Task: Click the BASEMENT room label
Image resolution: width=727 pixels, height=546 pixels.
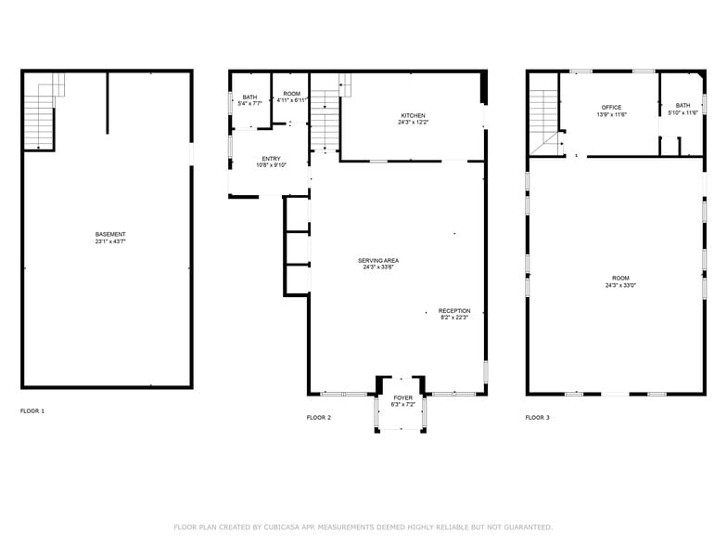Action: [x=110, y=234]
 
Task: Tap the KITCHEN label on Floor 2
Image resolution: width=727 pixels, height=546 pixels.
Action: [x=414, y=115]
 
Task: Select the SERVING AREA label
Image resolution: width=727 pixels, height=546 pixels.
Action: [x=378, y=260]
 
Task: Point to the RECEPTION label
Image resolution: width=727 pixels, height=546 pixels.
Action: [x=454, y=310]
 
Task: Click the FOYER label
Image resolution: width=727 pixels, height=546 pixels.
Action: [x=402, y=397]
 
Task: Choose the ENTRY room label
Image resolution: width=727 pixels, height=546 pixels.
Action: [x=271, y=159]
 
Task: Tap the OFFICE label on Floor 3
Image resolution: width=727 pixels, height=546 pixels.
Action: [x=612, y=108]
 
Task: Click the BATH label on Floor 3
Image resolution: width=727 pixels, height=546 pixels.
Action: [x=682, y=106]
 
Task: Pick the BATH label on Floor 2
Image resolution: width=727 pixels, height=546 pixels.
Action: [x=250, y=97]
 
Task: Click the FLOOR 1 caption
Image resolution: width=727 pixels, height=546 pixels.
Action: [x=32, y=410]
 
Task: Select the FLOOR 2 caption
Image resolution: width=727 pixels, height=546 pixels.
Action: [x=319, y=418]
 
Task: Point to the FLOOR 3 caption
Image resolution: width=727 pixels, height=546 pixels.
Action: [x=538, y=418]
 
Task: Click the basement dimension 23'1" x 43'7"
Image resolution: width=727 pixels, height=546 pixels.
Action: [x=110, y=241]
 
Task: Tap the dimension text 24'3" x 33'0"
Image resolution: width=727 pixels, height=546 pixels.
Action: [x=620, y=285]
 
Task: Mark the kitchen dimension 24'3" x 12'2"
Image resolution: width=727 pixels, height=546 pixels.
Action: [x=414, y=123]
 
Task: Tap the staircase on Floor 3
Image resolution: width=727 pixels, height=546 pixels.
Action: [x=545, y=122]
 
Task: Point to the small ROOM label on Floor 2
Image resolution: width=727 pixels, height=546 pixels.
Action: [x=291, y=94]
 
